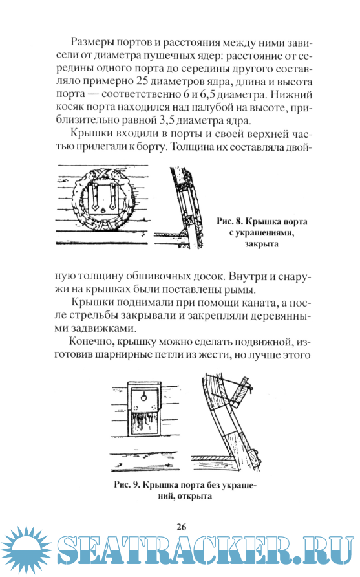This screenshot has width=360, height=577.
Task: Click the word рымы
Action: point(239,290)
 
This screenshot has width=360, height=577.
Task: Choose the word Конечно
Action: point(92,342)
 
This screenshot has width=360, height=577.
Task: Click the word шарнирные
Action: point(124,356)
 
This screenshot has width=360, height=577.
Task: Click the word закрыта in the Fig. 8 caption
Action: point(262,244)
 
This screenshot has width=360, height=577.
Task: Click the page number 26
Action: point(181,527)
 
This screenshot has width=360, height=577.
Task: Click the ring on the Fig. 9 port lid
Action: point(143,397)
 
